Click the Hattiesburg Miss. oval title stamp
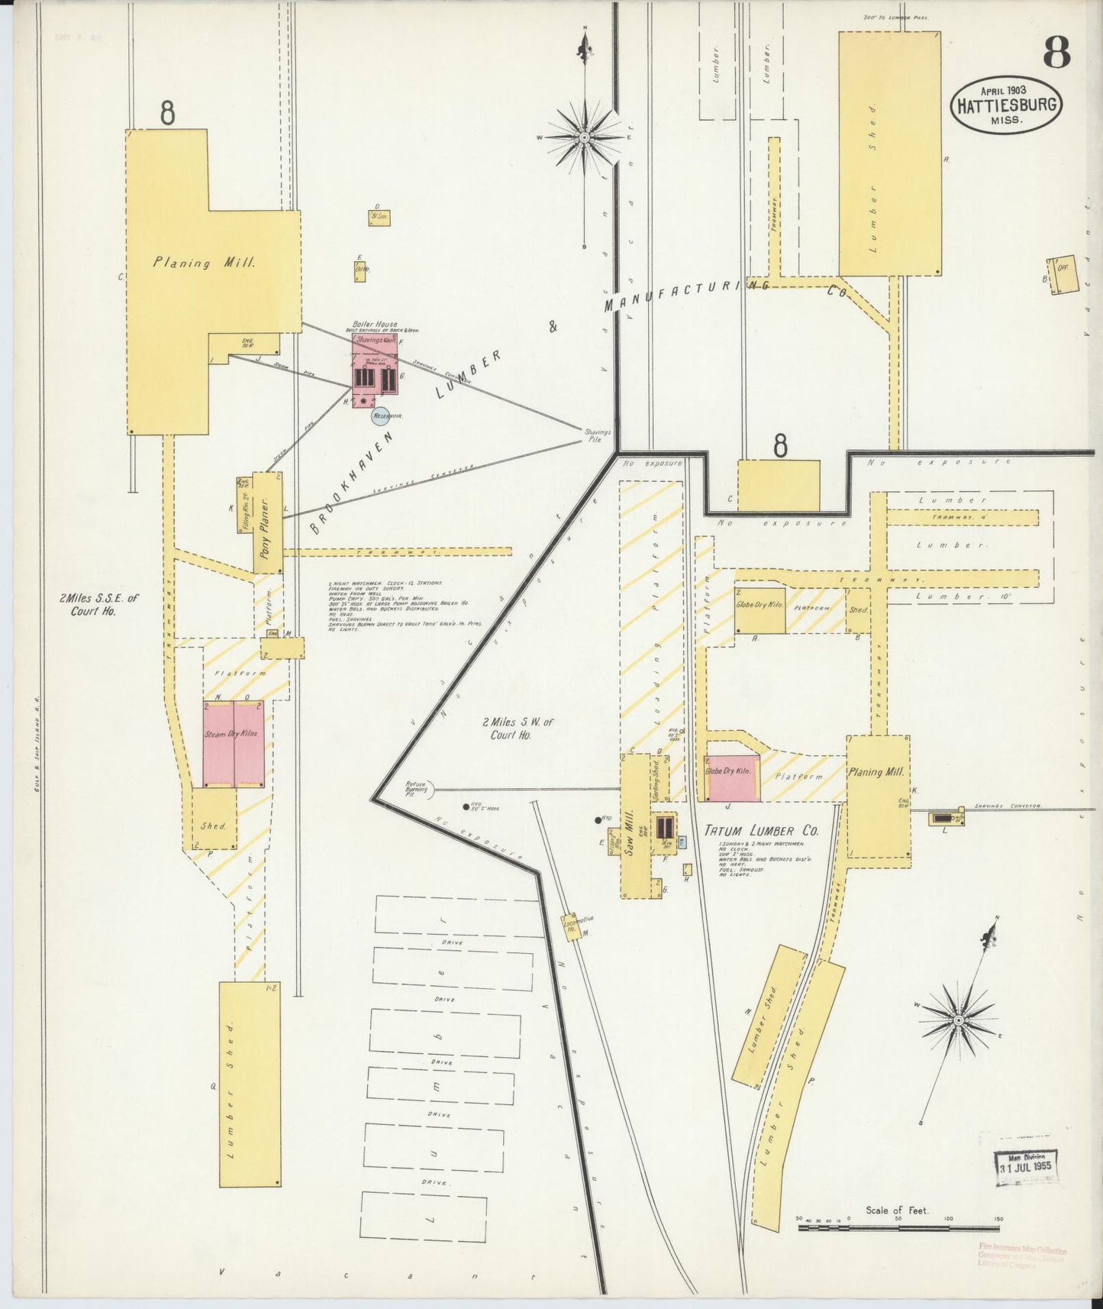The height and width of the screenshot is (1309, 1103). tap(1007, 105)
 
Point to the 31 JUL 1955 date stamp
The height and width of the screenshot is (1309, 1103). tap(1026, 1168)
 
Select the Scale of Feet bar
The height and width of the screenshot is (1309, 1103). tap(898, 1228)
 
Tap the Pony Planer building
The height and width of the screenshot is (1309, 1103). tap(267, 524)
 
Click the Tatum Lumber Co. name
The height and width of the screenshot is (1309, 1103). tap(750, 830)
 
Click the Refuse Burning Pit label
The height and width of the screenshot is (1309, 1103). tap(417, 790)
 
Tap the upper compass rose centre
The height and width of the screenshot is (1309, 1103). tap(585, 137)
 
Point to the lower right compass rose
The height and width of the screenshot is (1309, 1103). tap(958, 1020)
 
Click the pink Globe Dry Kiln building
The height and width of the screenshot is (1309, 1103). tap(731, 778)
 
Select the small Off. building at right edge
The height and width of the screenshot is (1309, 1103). tap(1062, 274)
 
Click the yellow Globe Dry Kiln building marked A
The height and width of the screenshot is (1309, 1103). tap(760, 610)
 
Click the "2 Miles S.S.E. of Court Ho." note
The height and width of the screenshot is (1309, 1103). tap(98, 605)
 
